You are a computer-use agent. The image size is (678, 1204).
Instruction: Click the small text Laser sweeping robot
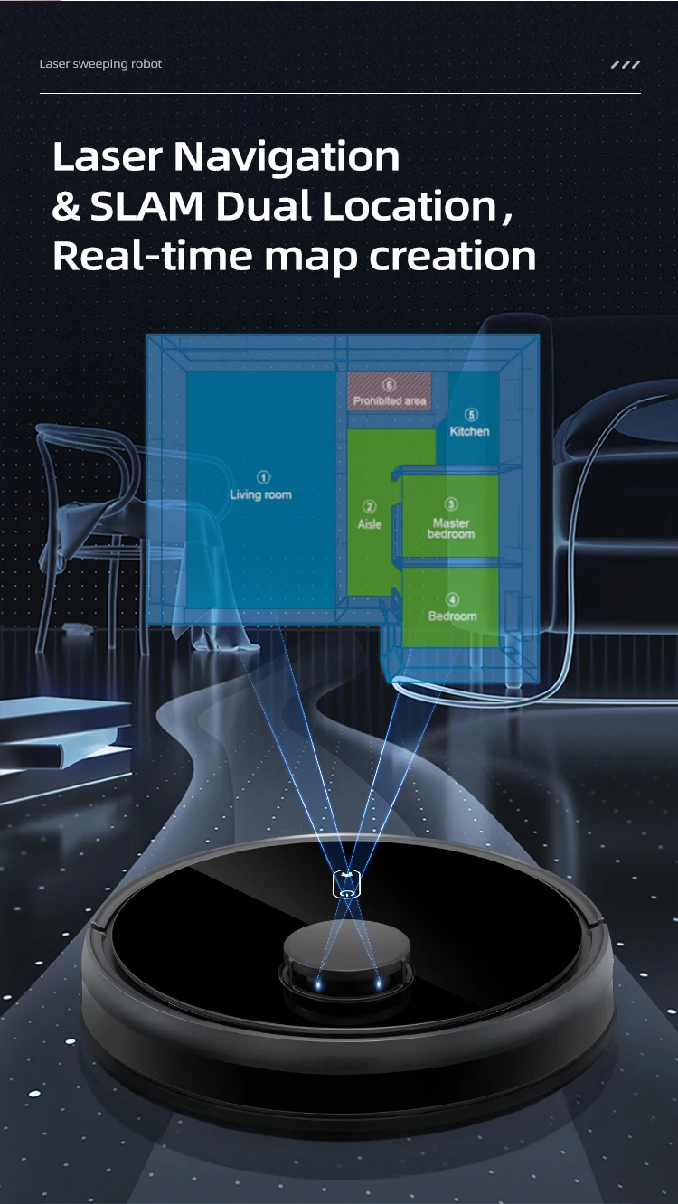[x=100, y=64]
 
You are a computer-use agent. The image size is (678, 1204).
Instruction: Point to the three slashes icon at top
[x=626, y=65]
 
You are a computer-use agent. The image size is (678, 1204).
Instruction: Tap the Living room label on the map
[x=260, y=494]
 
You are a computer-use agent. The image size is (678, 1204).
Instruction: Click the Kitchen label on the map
[x=469, y=431]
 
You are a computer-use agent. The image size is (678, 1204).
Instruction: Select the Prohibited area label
[x=390, y=400]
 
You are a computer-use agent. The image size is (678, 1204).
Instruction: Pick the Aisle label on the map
[x=370, y=524]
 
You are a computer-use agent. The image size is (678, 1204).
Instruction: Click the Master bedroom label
[x=451, y=529]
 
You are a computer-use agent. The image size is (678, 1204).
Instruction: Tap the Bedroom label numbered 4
[x=452, y=616]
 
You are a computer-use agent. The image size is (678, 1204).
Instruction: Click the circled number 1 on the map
[x=263, y=477]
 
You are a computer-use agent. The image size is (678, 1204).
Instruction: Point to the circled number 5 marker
[x=471, y=415]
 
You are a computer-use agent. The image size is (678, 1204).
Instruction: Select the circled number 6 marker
[x=390, y=385]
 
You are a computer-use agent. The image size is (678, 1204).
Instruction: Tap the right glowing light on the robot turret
[x=377, y=980]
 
